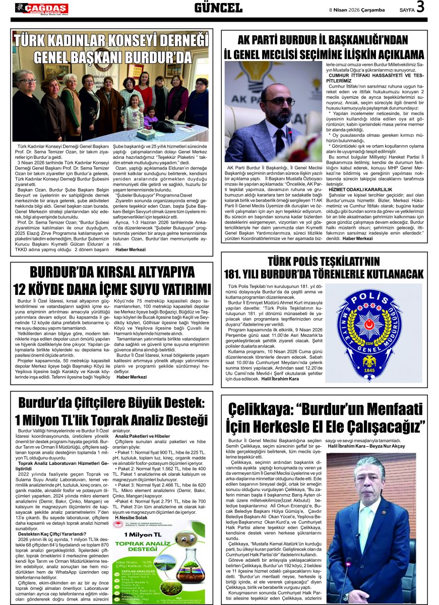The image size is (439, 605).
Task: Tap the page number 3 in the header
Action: tap(420, 8)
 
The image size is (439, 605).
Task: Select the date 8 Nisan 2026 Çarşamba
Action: tap(357, 10)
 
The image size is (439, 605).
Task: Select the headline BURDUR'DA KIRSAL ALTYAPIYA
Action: tap(112, 272)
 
